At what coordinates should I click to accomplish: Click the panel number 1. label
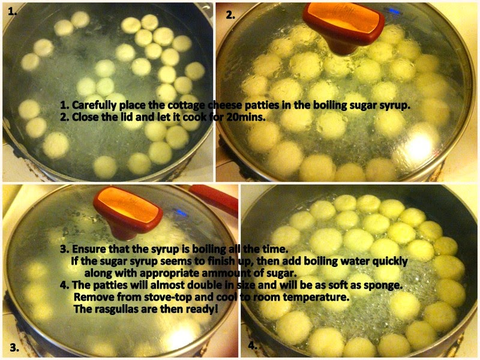(13, 11)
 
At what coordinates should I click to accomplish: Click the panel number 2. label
(230, 14)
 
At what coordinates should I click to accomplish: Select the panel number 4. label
(253, 346)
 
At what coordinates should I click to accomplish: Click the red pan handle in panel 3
(214, 199)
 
